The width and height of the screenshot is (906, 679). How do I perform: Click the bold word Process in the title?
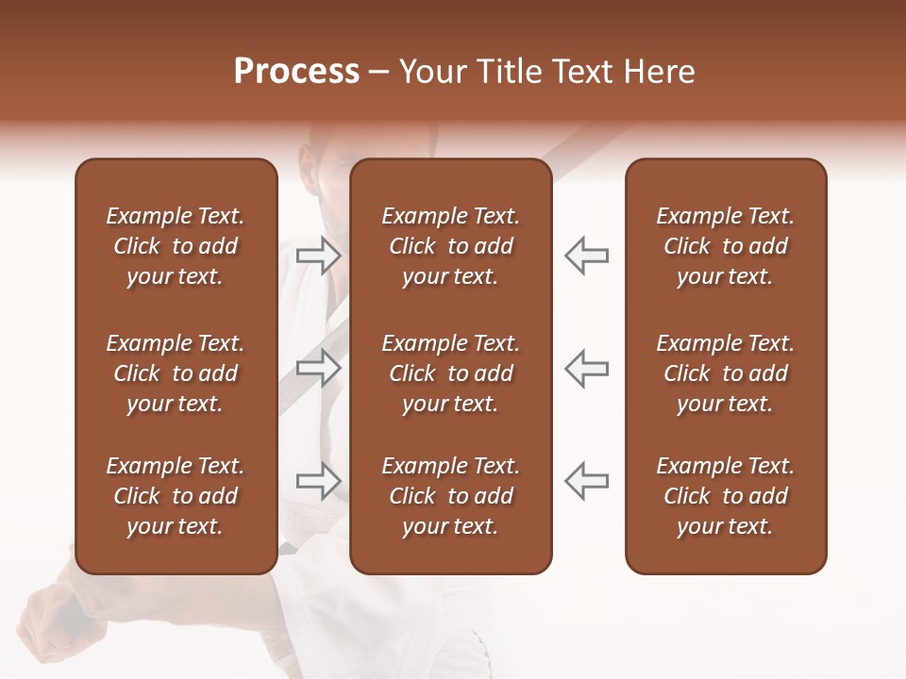point(296,72)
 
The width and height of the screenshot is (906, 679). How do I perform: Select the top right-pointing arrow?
point(318,255)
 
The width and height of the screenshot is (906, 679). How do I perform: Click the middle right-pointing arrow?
point(318,368)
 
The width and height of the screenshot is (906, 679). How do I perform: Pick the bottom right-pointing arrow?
point(318,481)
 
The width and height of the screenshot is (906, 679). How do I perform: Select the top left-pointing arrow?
point(587,255)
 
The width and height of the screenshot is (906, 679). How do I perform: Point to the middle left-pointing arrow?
point(587,368)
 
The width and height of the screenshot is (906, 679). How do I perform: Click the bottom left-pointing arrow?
point(587,481)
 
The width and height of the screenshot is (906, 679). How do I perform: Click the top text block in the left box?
point(176,246)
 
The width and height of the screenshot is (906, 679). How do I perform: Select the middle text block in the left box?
point(176,373)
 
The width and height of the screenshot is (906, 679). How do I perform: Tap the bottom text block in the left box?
point(176,496)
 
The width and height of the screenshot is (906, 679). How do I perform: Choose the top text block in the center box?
point(450,246)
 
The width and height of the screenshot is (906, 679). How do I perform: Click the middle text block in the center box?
point(450,373)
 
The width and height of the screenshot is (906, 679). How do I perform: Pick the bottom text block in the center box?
point(450,496)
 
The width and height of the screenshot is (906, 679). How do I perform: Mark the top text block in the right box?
point(725,246)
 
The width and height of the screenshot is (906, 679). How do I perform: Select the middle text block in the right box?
point(725,373)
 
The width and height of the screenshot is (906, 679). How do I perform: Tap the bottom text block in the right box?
point(725,496)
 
